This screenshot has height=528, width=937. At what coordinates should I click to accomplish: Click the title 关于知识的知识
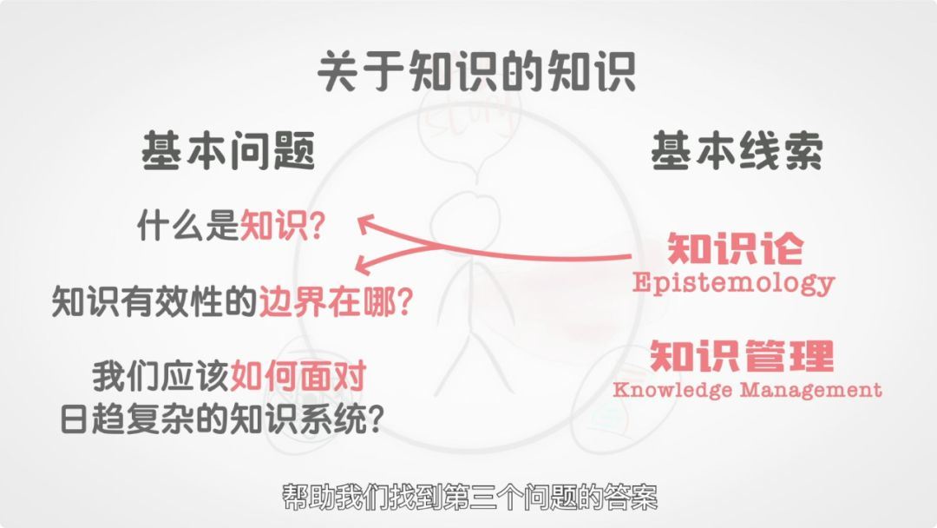click(x=476, y=72)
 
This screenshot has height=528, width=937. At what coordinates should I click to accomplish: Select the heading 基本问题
click(x=228, y=151)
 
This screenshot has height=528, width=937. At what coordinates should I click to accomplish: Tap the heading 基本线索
click(x=737, y=151)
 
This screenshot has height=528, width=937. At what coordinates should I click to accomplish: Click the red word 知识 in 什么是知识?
click(x=273, y=226)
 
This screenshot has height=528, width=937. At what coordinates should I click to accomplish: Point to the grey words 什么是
click(x=188, y=226)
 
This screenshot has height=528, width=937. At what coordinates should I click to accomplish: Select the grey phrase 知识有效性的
click(x=154, y=301)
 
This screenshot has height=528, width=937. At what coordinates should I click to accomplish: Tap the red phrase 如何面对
click(x=298, y=376)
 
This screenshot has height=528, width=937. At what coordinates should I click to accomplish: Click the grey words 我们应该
click(x=161, y=376)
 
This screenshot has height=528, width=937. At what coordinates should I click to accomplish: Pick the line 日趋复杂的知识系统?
click(x=222, y=419)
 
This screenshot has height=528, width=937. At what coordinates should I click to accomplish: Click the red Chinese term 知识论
click(x=735, y=248)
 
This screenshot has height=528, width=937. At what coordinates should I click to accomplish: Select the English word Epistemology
click(x=733, y=282)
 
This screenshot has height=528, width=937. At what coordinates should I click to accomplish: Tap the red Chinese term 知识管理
click(x=742, y=355)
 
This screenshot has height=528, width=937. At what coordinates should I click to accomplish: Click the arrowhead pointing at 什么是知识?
click(x=367, y=224)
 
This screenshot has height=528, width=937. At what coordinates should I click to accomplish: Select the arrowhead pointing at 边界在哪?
click(x=364, y=265)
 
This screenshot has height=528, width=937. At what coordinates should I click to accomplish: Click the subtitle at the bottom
click(x=469, y=498)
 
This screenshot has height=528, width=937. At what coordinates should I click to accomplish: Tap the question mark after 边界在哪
click(x=405, y=302)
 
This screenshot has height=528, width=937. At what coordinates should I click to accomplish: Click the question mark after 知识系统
click(x=376, y=419)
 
